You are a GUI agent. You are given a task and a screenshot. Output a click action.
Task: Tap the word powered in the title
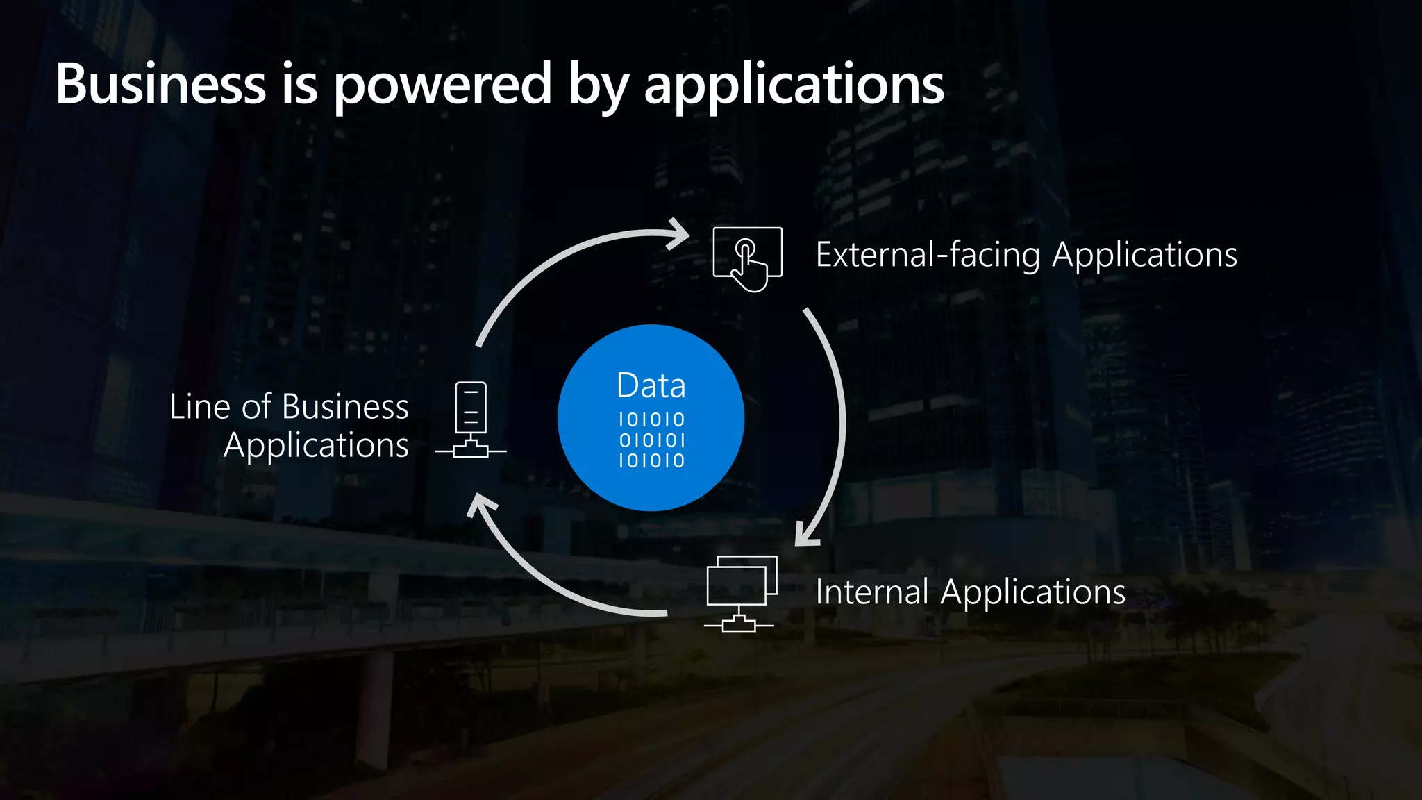[x=443, y=85]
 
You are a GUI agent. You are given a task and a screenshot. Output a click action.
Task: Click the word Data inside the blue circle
[x=651, y=385]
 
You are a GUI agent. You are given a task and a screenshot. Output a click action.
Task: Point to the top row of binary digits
[x=651, y=419]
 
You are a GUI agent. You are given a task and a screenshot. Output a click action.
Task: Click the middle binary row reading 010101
[x=651, y=440]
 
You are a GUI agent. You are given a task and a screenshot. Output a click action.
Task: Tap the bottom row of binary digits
[x=651, y=460]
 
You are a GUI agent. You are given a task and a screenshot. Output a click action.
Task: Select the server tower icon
[x=471, y=419]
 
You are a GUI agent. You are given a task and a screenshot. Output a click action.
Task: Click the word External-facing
[x=928, y=254]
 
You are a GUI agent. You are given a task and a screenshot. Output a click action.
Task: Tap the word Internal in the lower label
[x=871, y=592]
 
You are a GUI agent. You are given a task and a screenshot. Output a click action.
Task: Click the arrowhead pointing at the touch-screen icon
[x=676, y=235]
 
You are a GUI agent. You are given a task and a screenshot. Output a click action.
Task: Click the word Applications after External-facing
[x=1144, y=256]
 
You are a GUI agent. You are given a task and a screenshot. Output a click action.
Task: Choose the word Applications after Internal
[x=1032, y=593]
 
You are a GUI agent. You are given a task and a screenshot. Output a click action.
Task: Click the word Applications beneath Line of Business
[x=316, y=446]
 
